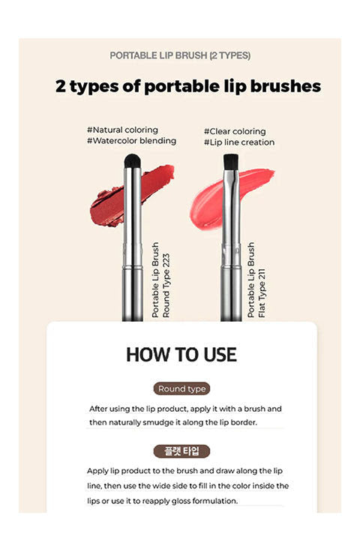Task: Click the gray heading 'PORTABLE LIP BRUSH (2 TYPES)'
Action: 180,55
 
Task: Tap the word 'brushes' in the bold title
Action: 286,86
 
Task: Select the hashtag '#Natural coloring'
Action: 122,130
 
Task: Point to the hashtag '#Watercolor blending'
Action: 131,140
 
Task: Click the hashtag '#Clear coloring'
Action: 235,131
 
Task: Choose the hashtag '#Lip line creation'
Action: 239,142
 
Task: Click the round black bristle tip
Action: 132,161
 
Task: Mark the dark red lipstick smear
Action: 132,195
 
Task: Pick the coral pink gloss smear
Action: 230,197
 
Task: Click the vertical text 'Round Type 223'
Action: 166,286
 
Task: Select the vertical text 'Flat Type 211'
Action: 262,293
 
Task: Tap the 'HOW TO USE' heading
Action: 181,355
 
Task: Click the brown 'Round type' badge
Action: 181,388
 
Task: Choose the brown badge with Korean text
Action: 181,451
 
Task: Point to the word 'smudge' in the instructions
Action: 156,422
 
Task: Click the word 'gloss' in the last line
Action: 181,501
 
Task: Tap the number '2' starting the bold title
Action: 61,86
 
